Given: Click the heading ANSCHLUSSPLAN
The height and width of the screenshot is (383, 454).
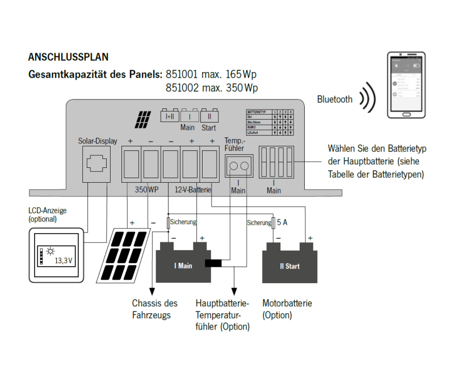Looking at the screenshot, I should pyautogui.click(x=68, y=58).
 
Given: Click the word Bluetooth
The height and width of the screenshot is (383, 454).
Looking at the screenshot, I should pyautogui.click(x=335, y=100).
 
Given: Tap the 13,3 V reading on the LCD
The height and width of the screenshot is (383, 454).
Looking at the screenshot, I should pyautogui.click(x=63, y=262).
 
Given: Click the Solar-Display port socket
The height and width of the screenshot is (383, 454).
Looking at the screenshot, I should pyautogui.click(x=98, y=163).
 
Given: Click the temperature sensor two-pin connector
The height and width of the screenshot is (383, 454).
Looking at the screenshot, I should pyautogui.click(x=238, y=166).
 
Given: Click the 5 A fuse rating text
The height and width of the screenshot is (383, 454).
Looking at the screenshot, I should pyautogui.click(x=281, y=222).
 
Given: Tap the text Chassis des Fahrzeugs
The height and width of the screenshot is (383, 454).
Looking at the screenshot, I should pyautogui.click(x=154, y=309).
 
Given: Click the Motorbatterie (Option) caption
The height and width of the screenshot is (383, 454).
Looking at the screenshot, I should pyautogui.click(x=287, y=309).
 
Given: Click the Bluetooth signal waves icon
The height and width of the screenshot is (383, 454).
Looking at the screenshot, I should pyautogui.click(x=369, y=99).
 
